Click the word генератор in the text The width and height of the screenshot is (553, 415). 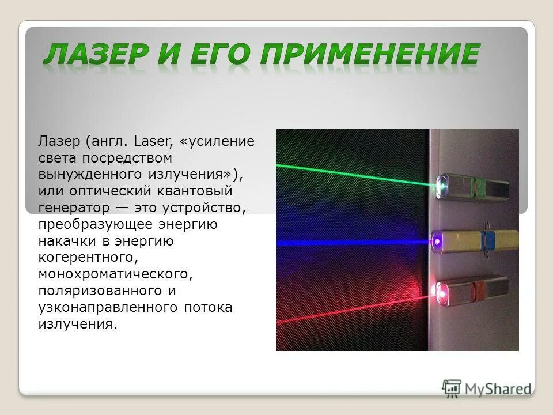click(x=68, y=207)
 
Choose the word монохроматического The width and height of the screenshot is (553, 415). click(x=114, y=274)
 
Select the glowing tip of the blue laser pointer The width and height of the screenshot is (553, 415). click(x=438, y=239)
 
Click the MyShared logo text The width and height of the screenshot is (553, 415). click(x=498, y=388)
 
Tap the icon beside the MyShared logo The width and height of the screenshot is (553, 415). click(x=452, y=388)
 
